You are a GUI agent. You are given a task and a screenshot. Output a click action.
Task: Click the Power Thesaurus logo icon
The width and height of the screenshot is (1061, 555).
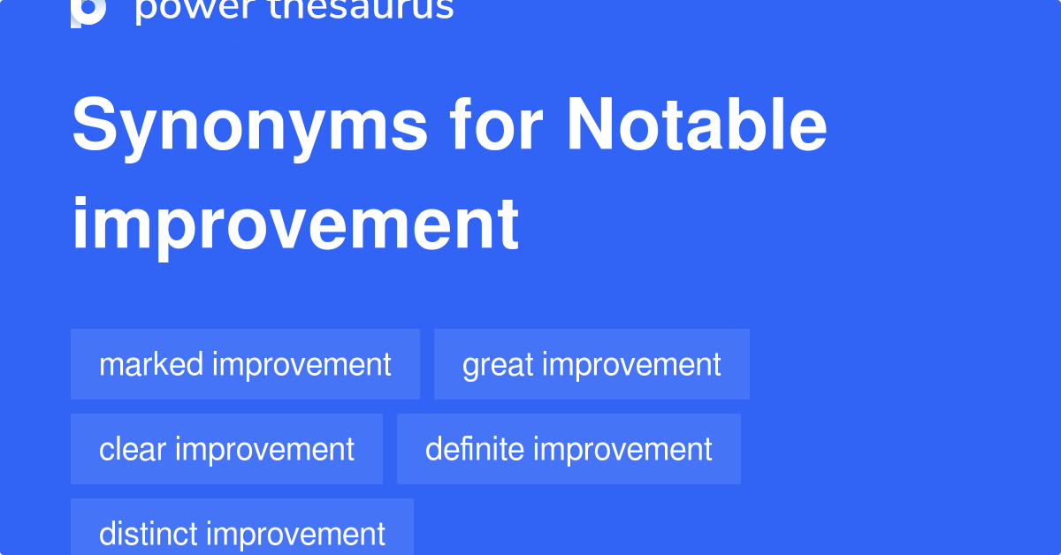[88, 11]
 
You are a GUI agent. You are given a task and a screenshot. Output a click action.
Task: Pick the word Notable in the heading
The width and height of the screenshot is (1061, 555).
[697, 126]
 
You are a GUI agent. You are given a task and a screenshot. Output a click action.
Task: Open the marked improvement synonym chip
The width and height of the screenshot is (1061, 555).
[245, 364]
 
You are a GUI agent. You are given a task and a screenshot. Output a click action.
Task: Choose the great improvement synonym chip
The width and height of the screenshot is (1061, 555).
[592, 364]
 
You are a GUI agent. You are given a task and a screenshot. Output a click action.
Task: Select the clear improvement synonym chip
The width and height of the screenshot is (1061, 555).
[226, 449]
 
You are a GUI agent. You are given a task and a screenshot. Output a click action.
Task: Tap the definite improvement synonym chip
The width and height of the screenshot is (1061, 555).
[569, 449]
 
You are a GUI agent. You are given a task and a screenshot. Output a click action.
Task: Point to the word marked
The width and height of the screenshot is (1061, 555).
[151, 364]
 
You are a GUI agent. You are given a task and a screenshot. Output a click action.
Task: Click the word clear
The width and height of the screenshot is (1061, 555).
[133, 449]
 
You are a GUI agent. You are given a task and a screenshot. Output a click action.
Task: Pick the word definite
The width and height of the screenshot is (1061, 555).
[475, 449]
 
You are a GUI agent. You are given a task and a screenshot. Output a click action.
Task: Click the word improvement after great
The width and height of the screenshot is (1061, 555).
[630, 364]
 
